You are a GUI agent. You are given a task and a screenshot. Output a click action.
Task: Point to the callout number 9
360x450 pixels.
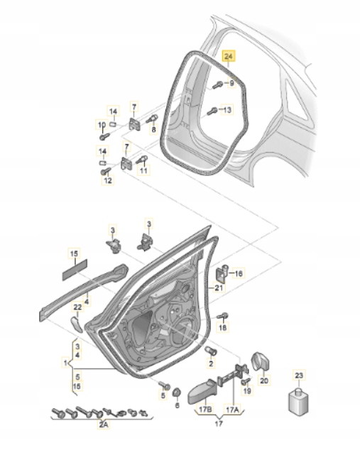point(230,84)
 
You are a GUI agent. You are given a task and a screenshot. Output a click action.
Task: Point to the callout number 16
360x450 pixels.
point(238,273)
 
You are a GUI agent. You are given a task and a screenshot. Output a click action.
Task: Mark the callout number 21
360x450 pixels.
point(218,287)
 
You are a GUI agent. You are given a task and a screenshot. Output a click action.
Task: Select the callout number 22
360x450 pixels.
point(78,307)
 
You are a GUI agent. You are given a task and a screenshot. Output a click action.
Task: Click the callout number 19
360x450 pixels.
point(247,391)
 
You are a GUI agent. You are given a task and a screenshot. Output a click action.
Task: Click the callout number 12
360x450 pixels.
point(107,181)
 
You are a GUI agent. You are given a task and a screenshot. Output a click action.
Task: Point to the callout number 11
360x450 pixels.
point(144,170)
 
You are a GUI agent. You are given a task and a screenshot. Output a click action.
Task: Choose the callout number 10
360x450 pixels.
point(100,125)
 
